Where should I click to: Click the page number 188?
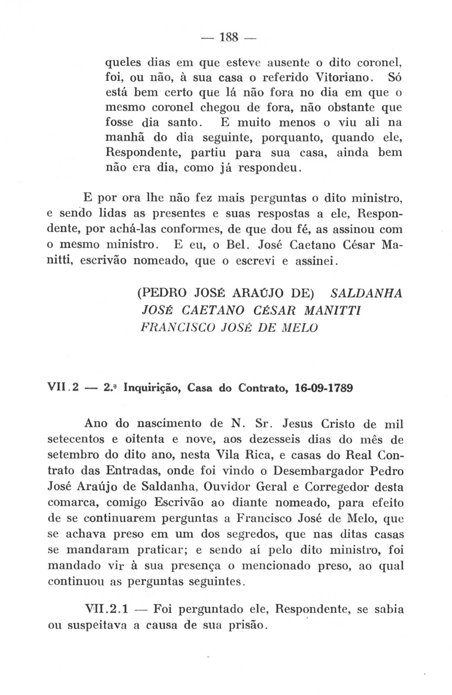click(228, 37)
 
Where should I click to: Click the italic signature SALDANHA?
click(367, 293)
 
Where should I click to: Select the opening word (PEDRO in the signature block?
click(160, 293)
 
